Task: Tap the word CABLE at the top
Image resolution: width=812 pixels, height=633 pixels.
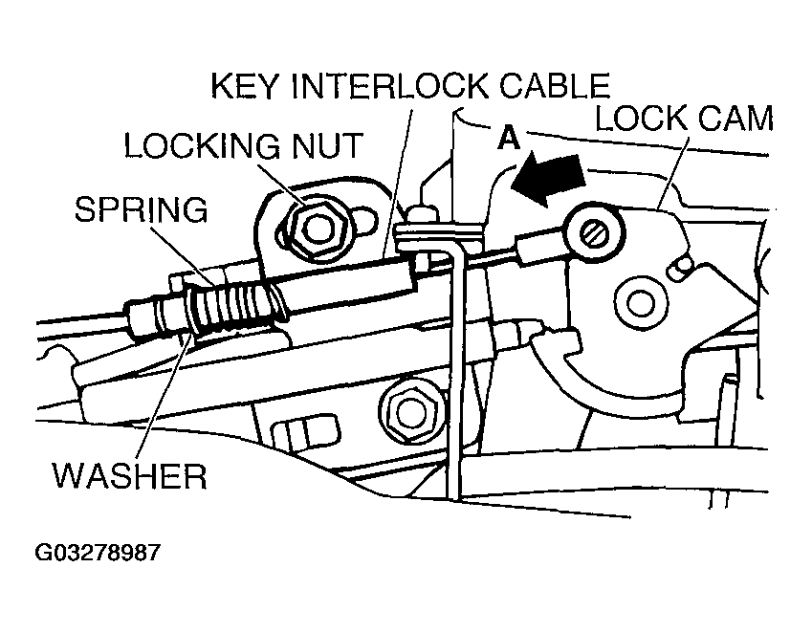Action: click(556, 89)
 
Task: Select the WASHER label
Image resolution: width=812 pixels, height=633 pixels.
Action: click(130, 474)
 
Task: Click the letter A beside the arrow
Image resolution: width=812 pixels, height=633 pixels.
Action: click(509, 140)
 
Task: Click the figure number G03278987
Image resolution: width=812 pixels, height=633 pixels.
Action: click(97, 553)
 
